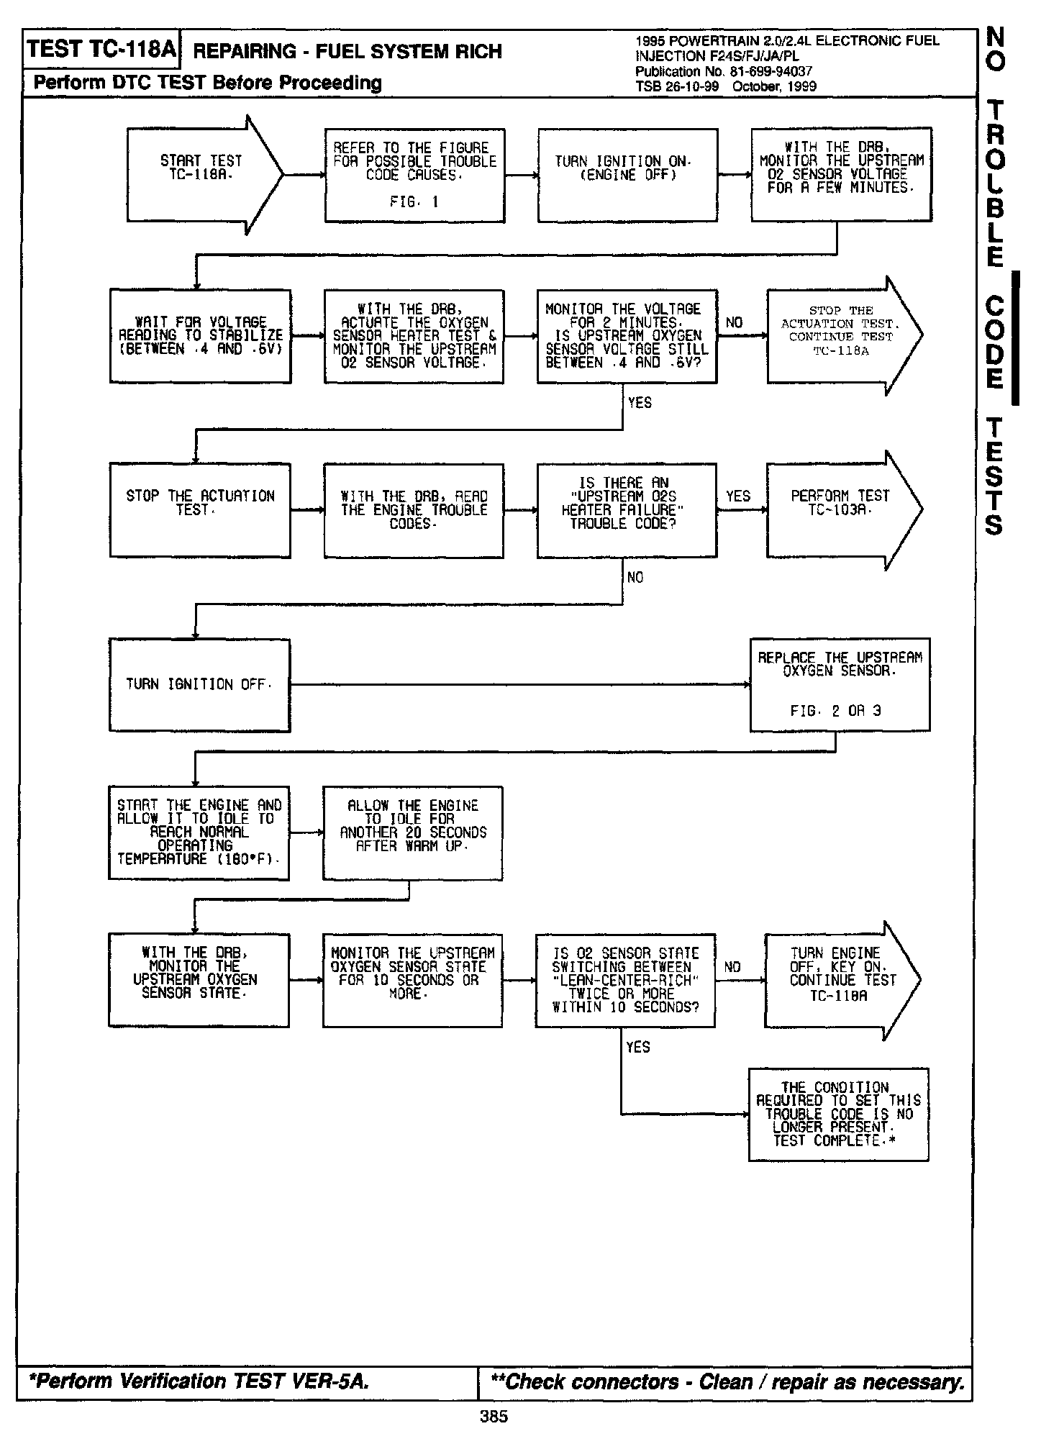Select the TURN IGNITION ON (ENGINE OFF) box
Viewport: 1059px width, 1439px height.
coord(627,175)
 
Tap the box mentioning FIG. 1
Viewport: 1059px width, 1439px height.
coord(414,175)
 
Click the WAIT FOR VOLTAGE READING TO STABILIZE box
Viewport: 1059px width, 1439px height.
coord(200,336)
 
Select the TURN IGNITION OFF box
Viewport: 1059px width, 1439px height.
coord(199,684)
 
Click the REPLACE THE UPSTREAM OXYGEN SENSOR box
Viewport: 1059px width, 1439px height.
coord(840,684)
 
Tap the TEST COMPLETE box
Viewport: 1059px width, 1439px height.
coord(838,1114)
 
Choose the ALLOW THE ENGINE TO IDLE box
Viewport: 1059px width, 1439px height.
coord(412,832)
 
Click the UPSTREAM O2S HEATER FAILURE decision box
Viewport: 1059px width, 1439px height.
coord(627,509)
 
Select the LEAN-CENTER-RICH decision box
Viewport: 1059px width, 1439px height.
coord(625,979)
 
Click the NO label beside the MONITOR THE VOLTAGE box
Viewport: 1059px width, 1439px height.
coord(734,322)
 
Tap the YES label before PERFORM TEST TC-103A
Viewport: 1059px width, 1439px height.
coord(737,496)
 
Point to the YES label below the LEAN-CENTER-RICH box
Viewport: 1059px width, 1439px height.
coord(637,1048)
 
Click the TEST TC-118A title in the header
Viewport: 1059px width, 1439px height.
coord(101,50)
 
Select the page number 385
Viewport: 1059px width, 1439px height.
coord(494,1417)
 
